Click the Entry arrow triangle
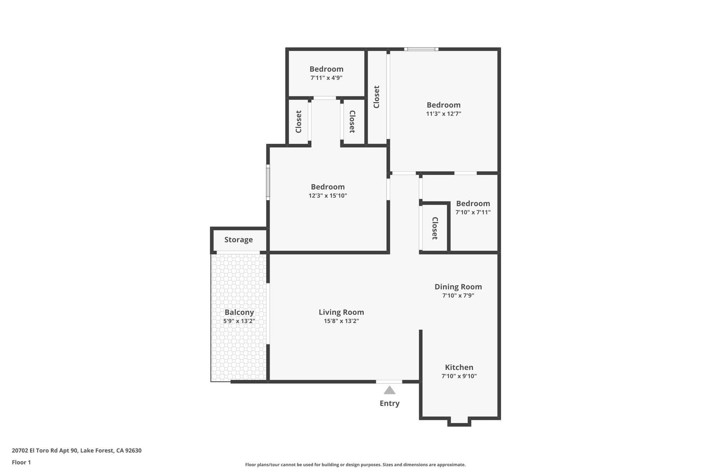coord(389,391)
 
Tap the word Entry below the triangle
coord(389,403)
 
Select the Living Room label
coord(341,312)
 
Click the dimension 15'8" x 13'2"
coord(341,321)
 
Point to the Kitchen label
coord(459,367)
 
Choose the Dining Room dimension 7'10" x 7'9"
coord(458,296)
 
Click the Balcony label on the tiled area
coord(239,312)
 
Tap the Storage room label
coord(239,240)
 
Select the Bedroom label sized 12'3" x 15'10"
coord(328,187)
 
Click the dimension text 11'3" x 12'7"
coord(443,114)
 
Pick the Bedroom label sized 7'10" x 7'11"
coord(473,203)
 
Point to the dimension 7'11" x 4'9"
coord(326,78)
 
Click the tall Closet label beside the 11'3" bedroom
coord(376,97)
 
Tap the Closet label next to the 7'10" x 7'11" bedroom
coord(435,228)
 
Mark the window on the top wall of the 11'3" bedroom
coord(421,49)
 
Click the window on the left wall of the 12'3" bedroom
coord(268,182)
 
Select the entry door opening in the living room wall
coord(389,382)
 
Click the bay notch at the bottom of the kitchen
coord(459,422)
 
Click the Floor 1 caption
coord(21,462)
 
